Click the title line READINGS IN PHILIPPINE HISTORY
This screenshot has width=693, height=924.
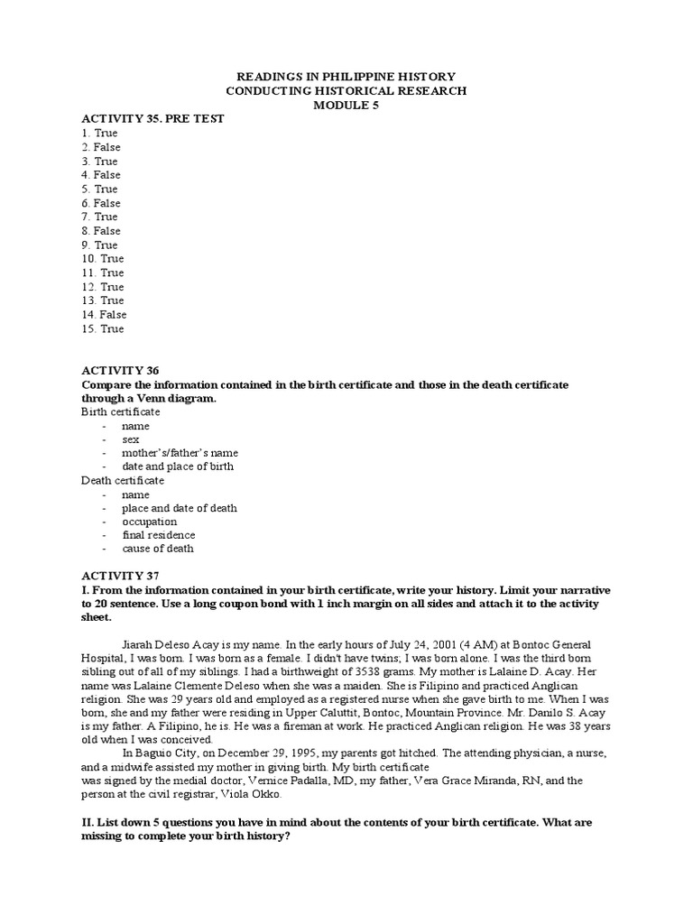pyautogui.click(x=346, y=77)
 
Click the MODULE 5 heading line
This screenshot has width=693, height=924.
pyautogui.click(x=346, y=105)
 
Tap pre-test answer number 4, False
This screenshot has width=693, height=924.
pyautogui.click(x=100, y=175)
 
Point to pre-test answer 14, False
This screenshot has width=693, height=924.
pyautogui.click(x=104, y=315)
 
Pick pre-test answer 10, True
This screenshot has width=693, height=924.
pyautogui.click(x=102, y=259)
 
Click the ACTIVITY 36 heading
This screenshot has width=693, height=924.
pyautogui.click(x=119, y=371)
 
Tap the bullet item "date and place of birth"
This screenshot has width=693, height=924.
pyautogui.click(x=178, y=467)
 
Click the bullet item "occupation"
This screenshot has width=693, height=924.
pyautogui.click(x=150, y=522)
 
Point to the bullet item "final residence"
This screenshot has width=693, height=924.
pyautogui.click(x=159, y=535)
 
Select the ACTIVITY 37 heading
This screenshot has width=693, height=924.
pyautogui.click(x=119, y=575)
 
